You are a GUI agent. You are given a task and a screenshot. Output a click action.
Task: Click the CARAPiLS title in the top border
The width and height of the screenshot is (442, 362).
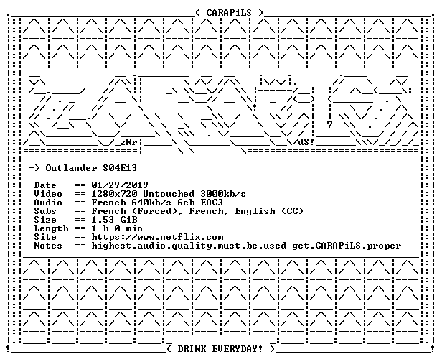click(229, 13)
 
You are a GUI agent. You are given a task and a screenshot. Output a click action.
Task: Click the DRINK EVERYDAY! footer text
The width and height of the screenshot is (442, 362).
click(220, 349)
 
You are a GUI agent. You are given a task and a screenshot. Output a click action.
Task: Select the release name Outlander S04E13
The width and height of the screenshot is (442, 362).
click(91, 168)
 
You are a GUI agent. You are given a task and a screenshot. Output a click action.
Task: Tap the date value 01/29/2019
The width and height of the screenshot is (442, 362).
click(120, 185)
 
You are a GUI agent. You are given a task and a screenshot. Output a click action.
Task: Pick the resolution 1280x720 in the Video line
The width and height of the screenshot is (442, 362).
click(114, 194)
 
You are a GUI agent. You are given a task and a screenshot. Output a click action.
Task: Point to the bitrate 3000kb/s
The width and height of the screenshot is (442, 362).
click(223, 194)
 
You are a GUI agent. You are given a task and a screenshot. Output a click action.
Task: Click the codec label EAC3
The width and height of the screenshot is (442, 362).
click(212, 203)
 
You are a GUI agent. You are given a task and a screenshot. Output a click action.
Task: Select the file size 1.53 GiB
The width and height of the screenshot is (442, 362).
click(114, 220)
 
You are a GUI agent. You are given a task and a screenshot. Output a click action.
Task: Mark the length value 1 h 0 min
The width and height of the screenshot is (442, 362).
click(117, 228)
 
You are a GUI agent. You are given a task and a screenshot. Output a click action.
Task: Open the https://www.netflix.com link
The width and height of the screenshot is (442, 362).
click(157, 237)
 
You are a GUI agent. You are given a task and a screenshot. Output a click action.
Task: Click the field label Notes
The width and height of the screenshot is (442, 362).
click(48, 246)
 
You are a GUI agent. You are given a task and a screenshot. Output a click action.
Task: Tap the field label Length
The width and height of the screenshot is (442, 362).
click(51, 228)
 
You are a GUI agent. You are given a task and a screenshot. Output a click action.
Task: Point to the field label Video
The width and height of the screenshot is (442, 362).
click(48, 194)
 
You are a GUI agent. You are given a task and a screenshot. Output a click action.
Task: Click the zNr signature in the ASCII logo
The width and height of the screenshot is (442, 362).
click(128, 142)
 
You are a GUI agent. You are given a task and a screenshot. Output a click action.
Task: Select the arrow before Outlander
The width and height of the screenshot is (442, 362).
click(34, 168)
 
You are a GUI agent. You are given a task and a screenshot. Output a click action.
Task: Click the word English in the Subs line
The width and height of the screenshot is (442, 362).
click(255, 212)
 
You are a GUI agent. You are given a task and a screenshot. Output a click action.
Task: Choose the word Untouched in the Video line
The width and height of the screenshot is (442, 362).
click(169, 194)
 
